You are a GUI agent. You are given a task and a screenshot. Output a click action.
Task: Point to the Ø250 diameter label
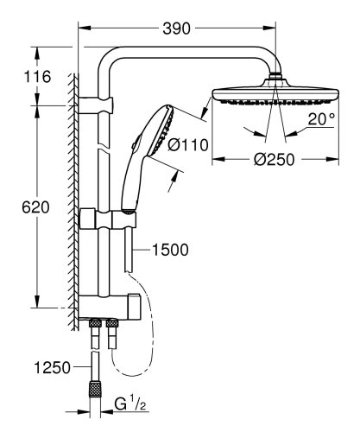coord(273,172)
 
